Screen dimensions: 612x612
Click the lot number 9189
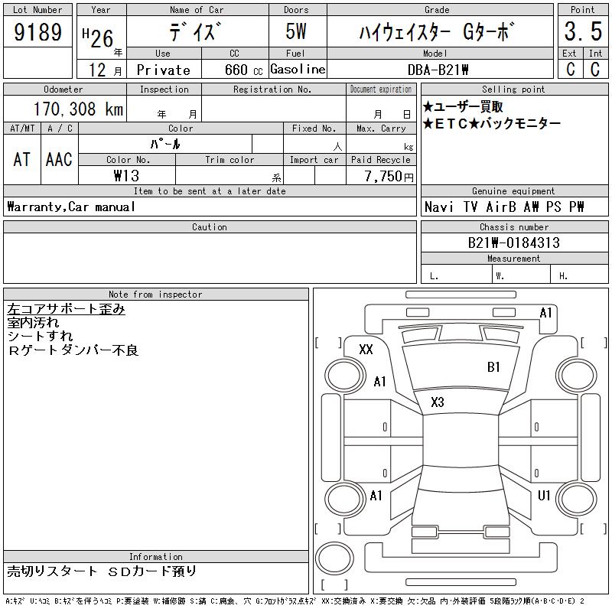(37, 31)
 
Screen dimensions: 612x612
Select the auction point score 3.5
(583, 31)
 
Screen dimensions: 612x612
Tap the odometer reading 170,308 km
(78, 109)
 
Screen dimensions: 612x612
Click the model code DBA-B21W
(438, 70)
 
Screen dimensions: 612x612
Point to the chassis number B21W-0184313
(513, 243)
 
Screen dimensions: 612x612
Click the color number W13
(126, 176)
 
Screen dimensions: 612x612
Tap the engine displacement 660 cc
(243, 70)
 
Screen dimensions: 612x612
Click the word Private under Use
(164, 70)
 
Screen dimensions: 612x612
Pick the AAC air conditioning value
(59, 159)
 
